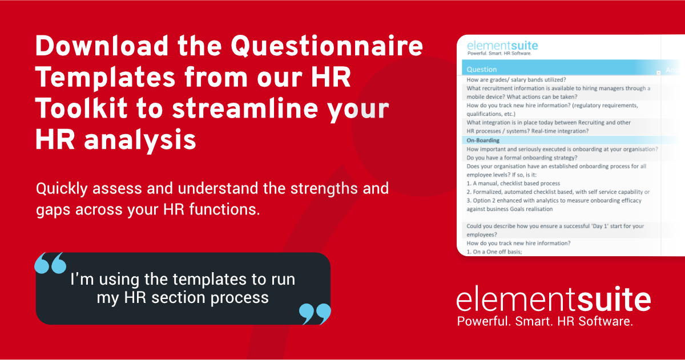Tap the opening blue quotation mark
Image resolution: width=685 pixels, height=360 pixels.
click(x=50, y=264)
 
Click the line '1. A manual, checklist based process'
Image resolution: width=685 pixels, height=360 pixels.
click(x=513, y=183)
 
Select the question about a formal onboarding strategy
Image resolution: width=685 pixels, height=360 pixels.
click(x=522, y=157)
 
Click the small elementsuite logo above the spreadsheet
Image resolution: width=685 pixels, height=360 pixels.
click(x=502, y=47)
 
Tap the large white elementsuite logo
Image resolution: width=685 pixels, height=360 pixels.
click(x=554, y=300)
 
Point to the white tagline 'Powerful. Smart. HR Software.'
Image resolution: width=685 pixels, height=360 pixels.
click(x=545, y=322)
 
